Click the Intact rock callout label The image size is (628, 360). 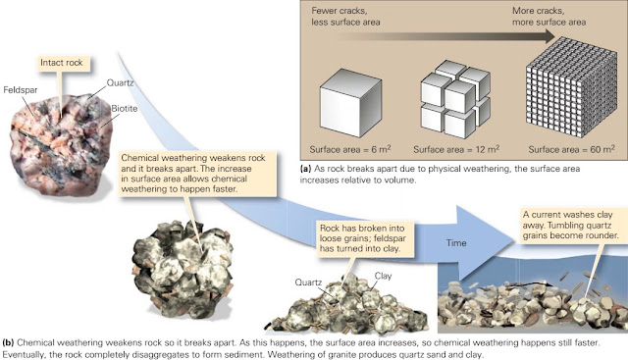point(62,63)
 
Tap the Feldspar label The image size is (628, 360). point(21,89)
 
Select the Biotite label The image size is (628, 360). point(125,109)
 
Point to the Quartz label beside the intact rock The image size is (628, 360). point(120,83)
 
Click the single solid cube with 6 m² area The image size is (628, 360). point(350,103)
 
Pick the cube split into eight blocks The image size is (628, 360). point(455,99)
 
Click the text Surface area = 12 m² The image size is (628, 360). point(456,149)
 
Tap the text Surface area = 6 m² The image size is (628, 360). point(350,149)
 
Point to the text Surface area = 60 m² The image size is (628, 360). point(571,149)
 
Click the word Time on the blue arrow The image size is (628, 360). point(456,243)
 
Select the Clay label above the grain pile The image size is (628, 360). point(383,276)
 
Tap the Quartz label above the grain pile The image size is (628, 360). point(308,283)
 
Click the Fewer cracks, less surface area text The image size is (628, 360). point(345,17)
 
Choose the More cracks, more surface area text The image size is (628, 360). point(549,17)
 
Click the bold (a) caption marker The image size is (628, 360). point(305,169)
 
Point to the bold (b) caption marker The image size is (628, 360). point(8,342)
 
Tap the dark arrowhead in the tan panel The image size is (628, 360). point(548,37)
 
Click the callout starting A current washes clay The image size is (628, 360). point(570,225)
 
